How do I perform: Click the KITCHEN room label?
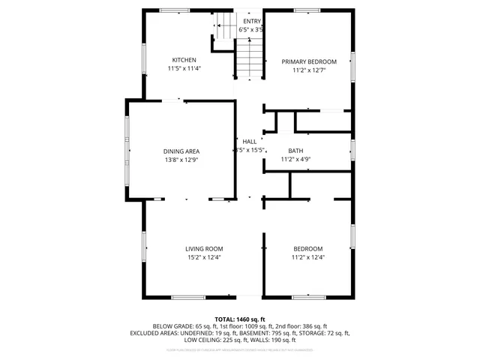click(184, 60)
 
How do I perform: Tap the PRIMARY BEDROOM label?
click(308, 61)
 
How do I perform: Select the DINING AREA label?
click(181, 151)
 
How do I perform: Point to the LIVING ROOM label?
click(204, 248)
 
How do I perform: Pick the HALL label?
click(249, 141)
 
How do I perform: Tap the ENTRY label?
click(251, 21)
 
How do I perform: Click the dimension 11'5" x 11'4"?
click(184, 68)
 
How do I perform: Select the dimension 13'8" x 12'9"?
click(181, 159)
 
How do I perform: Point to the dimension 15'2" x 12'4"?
click(204, 256)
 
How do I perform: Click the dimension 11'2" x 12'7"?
click(308, 70)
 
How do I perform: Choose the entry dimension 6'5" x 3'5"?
click(251, 29)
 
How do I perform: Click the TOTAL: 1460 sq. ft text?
click(240, 319)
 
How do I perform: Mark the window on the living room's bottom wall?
click(187, 297)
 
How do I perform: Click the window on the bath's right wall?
click(352, 150)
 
